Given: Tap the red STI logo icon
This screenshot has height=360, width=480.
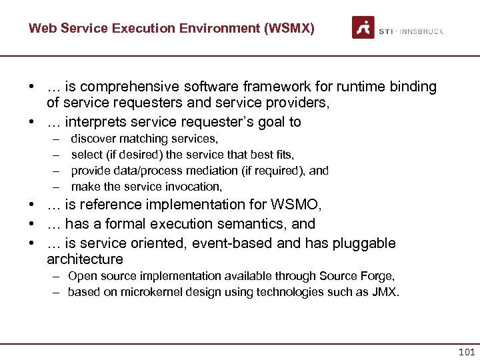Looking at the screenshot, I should [x=363, y=28].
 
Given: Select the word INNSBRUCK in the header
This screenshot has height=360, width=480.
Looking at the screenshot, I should [x=422, y=31].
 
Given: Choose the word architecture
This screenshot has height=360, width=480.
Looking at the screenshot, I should [x=85, y=259].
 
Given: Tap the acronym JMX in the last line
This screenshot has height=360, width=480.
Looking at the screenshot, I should [x=386, y=292].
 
